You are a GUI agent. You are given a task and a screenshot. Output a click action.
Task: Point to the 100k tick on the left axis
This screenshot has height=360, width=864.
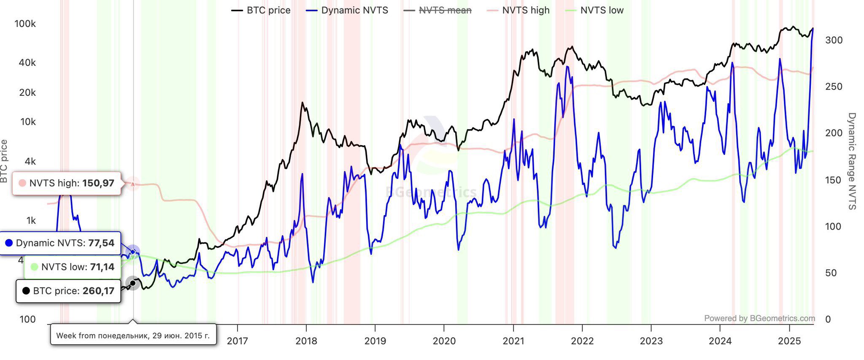click(25, 24)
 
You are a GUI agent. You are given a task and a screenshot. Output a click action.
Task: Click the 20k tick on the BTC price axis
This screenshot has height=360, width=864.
click(27, 92)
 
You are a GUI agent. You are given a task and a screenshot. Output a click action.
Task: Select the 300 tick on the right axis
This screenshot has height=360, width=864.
click(834, 40)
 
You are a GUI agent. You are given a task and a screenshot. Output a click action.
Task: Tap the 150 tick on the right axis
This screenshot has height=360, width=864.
click(833, 180)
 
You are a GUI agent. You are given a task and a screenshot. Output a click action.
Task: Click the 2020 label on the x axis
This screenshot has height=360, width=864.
click(444, 341)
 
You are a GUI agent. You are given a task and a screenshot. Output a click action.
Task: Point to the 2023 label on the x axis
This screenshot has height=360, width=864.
click(651, 341)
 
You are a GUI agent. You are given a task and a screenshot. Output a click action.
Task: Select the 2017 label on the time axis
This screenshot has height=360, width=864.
click(237, 341)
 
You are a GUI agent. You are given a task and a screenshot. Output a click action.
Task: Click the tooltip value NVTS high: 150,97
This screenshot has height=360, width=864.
click(67, 183)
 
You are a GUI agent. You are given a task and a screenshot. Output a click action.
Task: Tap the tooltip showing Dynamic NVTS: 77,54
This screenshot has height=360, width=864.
click(60, 243)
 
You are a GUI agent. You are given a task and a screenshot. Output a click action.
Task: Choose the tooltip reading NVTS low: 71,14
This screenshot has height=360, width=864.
click(73, 267)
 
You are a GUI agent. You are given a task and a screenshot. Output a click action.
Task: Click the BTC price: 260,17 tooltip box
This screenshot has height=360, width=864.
click(68, 291)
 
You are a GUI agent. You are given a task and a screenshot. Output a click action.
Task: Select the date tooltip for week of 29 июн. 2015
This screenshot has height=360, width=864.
click(133, 336)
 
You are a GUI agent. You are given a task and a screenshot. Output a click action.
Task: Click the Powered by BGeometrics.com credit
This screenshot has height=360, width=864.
click(759, 318)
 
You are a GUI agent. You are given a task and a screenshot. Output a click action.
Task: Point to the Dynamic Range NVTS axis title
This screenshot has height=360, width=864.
click(852, 161)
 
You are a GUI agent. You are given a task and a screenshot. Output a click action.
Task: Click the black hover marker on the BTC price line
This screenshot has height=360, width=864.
click(133, 283)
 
